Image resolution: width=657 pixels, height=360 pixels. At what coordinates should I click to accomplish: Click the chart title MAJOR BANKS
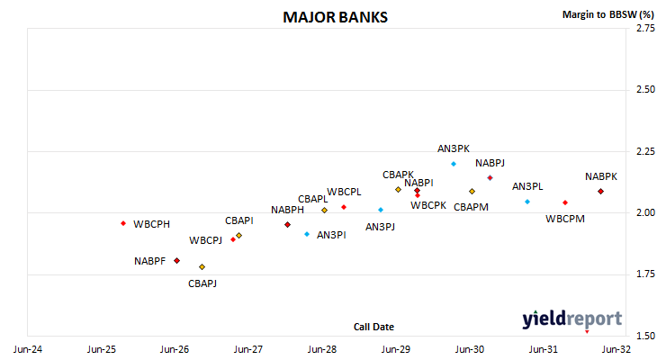pyautogui.click(x=335, y=17)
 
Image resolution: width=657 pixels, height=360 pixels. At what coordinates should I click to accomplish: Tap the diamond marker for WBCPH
pyautogui.click(x=123, y=223)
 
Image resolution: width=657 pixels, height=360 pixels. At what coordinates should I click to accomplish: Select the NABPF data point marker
pyautogui.click(x=176, y=261)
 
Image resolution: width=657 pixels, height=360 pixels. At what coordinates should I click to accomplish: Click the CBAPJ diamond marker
pyautogui.click(x=202, y=267)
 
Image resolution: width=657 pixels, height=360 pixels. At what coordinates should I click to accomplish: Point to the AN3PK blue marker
pyautogui.click(x=454, y=164)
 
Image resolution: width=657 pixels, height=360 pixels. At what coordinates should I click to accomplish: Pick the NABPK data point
pyautogui.click(x=600, y=191)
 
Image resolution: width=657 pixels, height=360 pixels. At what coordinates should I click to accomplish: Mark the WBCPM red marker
pyautogui.click(x=565, y=202)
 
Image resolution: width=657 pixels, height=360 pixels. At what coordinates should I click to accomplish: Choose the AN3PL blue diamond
pyautogui.click(x=527, y=202)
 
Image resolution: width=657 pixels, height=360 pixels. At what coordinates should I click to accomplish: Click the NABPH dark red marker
pyautogui.click(x=287, y=225)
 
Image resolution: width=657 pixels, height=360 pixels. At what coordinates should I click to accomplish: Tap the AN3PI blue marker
pyautogui.click(x=307, y=234)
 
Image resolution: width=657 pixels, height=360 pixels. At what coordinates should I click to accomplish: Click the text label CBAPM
pyautogui.click(x=471, y=207)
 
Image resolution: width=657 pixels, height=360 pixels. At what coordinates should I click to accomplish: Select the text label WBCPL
pyautogui.click(x=344, y=192)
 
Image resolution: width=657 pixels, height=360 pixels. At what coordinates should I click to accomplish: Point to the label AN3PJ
pyautogui.click(x=380, y=227)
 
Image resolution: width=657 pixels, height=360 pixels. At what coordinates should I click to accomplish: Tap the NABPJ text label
pyautogui.click(x=490, y=163)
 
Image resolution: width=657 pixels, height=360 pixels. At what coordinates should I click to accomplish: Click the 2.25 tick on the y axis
pyautogui.click(x=645, y=151)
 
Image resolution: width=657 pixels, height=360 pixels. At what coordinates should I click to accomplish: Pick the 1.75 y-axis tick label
pyautogui.click(x=645, y=274)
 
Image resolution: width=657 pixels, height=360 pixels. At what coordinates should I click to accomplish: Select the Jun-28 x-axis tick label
pyautogui.click(x=322, y=349)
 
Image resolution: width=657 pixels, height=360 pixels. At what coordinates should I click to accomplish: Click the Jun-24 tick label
pyautogui.click(x=28, y=349)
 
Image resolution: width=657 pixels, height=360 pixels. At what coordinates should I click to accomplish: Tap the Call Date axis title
pyautogui.click(x=373, y=327)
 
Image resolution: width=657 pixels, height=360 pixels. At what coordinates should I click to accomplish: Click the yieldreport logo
pyautogui.click(x=571, y=319)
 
